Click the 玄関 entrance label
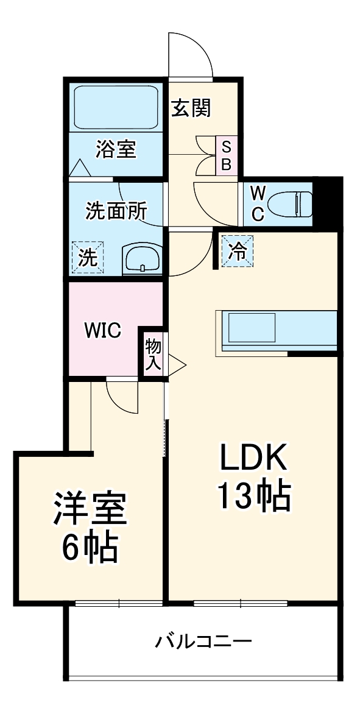pos(190,108)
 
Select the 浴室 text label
pos(115,149)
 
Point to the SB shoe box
pos(225,155)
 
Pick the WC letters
pos(258,203)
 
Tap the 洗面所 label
pos(116,211)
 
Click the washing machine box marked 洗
pos(88,256)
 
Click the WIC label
pos(102,330)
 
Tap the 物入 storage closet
pos(152,355)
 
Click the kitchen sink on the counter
pos(251,327)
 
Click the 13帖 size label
pos(253,497)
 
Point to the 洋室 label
pos(90,509)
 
